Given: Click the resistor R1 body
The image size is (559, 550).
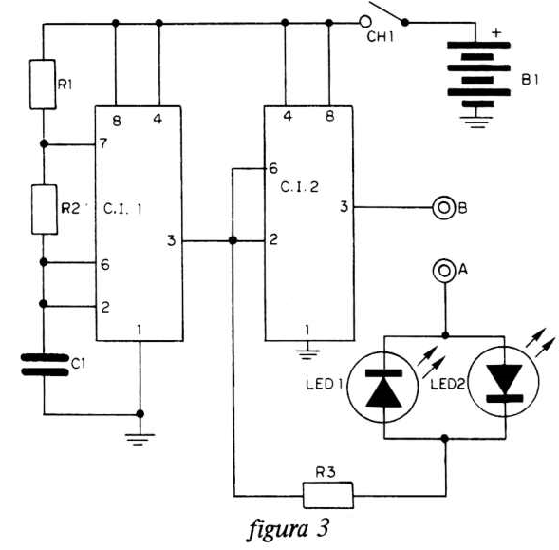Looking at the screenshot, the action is (43, 85).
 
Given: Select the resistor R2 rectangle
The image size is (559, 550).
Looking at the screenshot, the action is (45, 210).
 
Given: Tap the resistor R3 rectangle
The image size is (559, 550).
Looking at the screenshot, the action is (328, 495).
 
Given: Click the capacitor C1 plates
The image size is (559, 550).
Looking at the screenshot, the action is (45, 365).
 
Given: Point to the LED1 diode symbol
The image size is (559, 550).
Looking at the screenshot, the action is (382, 388).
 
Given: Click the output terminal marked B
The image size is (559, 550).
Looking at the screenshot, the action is (444, 207).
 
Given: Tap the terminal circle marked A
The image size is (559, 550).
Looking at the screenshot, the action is (444, 271).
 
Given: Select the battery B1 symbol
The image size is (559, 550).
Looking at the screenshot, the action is (478, 74).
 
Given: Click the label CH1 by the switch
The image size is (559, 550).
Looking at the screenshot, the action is (381, 37).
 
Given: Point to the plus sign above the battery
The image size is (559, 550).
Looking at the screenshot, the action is (496, 33).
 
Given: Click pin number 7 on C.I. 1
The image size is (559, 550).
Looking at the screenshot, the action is (103, 143).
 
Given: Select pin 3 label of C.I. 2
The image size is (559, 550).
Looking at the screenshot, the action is (344, 206).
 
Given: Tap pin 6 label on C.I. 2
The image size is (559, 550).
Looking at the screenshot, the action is (273, 168).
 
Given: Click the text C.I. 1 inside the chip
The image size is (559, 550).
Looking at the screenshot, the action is (122, 209).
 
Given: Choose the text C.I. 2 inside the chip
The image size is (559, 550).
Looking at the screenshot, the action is (300, 187).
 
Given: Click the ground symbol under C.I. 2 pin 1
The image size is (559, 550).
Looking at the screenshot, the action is (307, 354).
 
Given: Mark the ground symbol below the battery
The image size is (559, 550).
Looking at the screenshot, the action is (476, 122).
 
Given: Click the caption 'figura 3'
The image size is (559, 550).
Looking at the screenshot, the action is (288, 528).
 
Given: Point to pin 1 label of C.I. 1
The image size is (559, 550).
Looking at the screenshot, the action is (140, 331).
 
